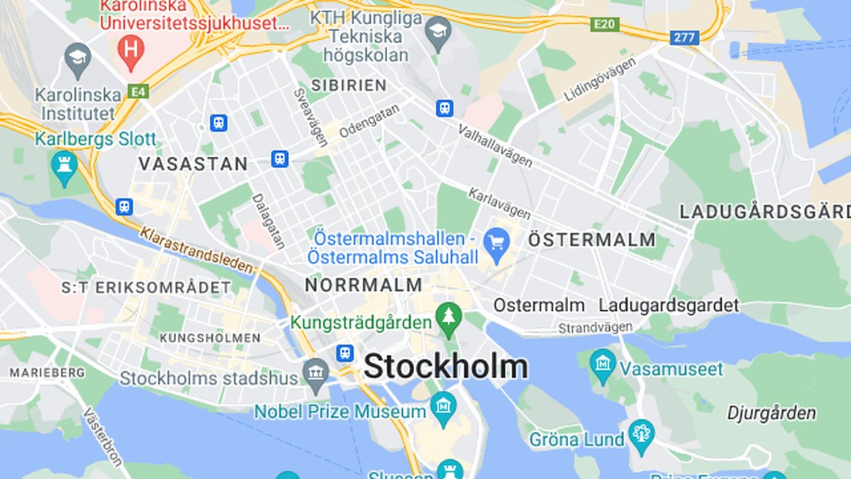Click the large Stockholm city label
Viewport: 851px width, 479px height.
(x=445, y=368)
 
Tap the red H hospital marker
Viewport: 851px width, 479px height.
(x=130, y=52)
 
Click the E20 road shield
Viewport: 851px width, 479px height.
(x=605, y=25)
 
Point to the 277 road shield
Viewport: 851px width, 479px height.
(x=685, y=38)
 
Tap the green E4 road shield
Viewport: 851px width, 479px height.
(x=138, y=91)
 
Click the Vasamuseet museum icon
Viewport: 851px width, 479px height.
(x=603, y=365)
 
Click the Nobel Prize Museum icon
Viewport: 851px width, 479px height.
(x=444, y=407)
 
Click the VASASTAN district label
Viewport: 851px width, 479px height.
(x=193, y=164)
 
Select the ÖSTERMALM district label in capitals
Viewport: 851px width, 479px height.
(x=592, y=240)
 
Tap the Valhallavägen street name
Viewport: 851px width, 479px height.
(x=495, y=145)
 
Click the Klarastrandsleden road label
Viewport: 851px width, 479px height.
(x=196, y=250)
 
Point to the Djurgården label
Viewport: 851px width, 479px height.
(x=772, y=413)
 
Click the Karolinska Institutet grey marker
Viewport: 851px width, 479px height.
(x=78, y=59)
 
